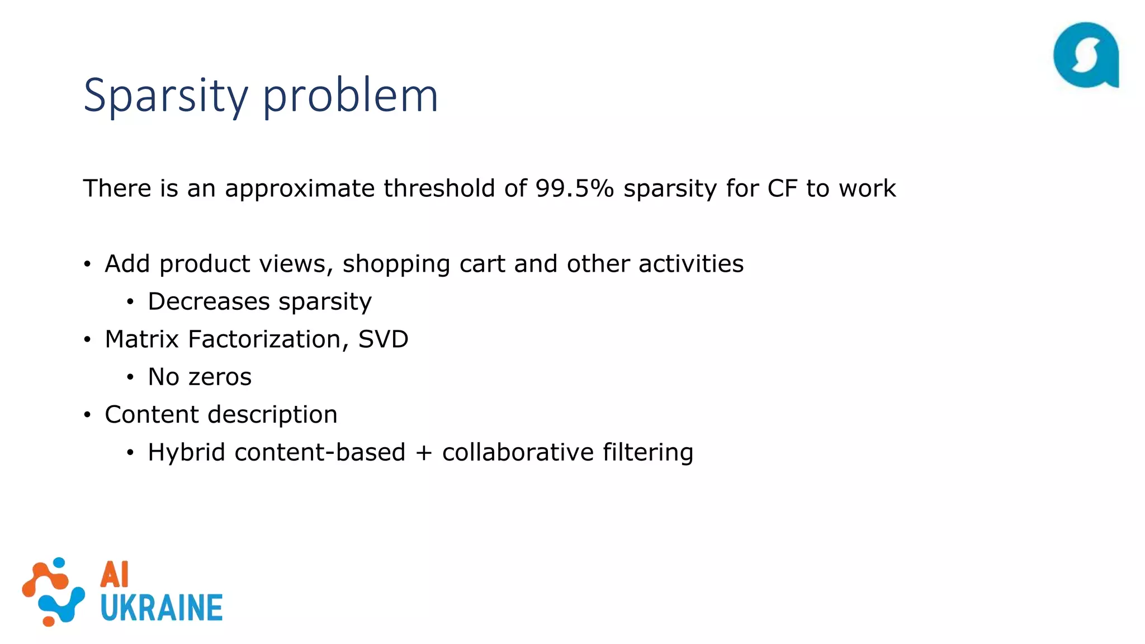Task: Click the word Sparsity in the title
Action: pos(165,96)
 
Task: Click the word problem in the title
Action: pos(350,96)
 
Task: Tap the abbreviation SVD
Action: pos(384,339)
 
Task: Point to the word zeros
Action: pos(220,377)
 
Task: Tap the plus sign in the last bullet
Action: pos(424,453)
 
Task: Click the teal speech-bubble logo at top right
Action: pos(1086,55)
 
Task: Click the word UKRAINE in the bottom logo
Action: pos(162,608)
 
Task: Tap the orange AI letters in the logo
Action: pos(115,575)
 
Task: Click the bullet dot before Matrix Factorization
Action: pos(87,340)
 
